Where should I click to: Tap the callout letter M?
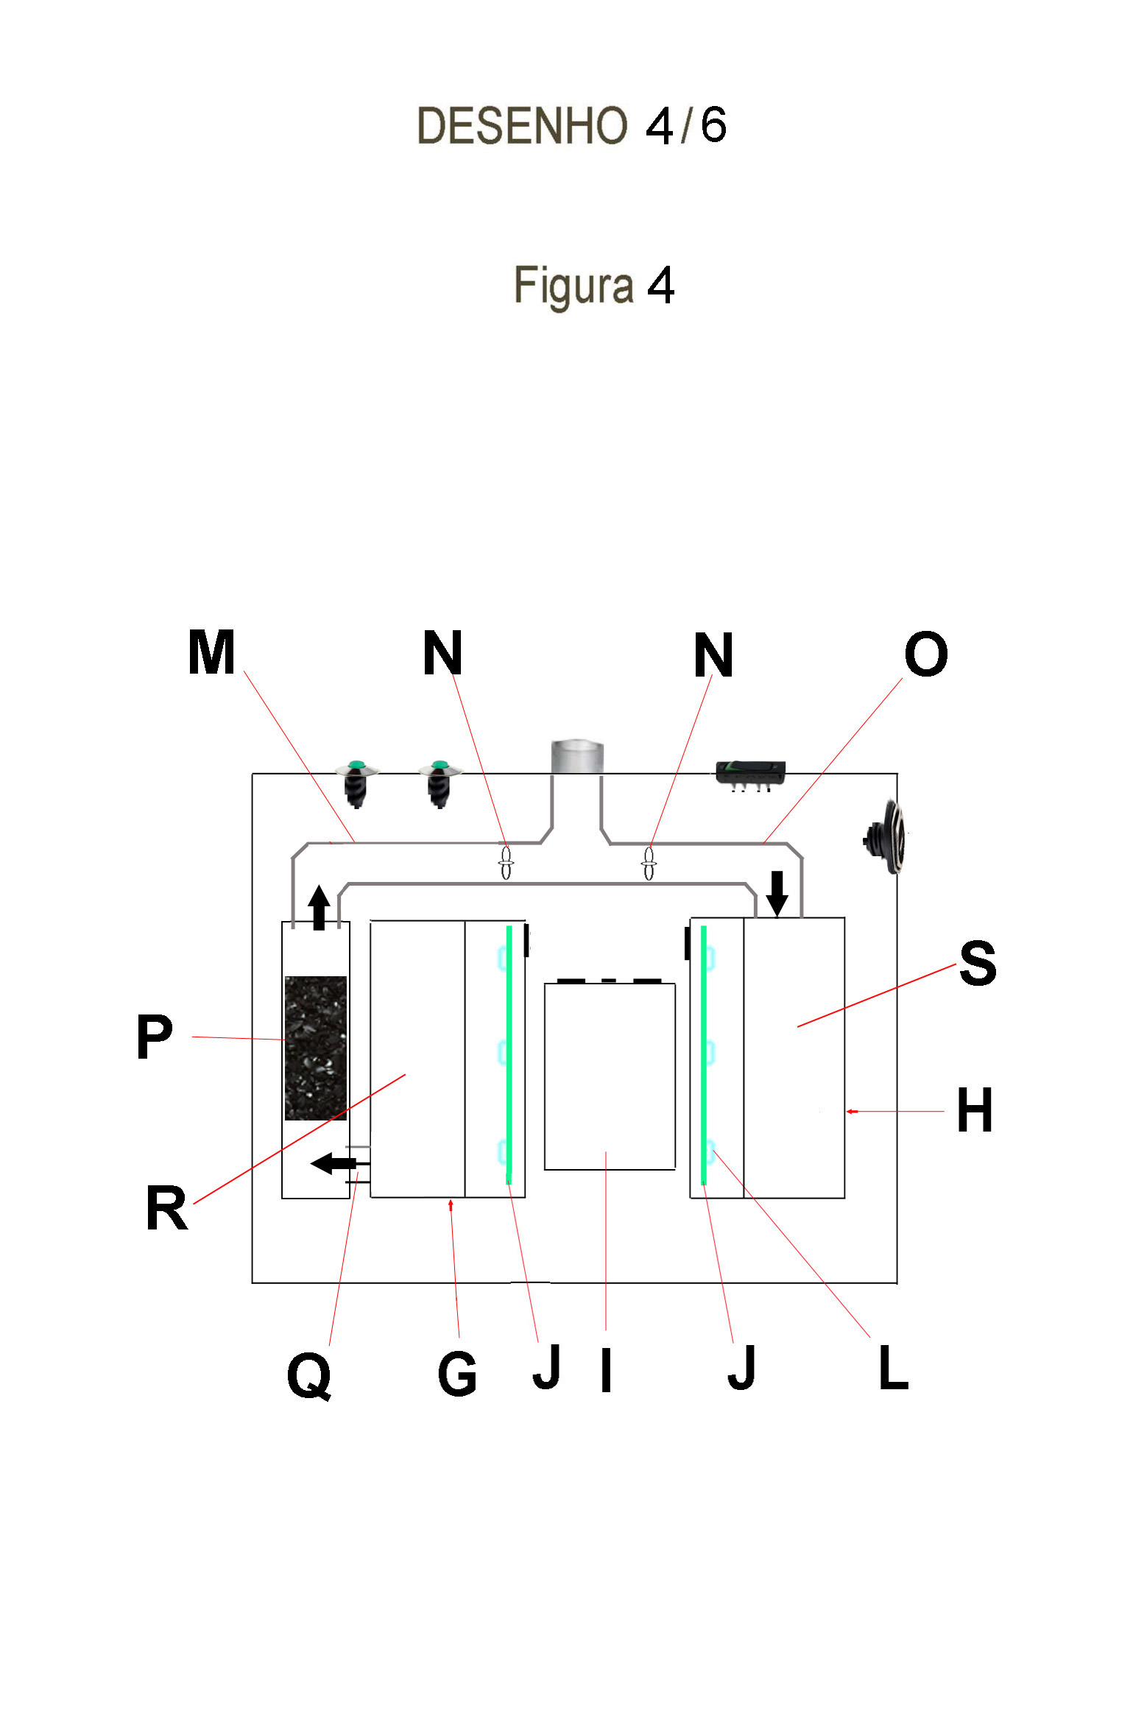pos(211,652)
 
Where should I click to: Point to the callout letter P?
pos(155,1037)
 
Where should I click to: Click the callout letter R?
pos(166,1208)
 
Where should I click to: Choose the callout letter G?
pos(457,1374)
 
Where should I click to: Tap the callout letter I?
pos(606,1371)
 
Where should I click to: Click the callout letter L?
pos(894,1368)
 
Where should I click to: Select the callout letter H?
pos(975,1110)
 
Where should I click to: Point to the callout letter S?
pos(978,963)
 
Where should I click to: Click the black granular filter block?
pos(316,1048)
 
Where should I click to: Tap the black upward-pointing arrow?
pos(319,906)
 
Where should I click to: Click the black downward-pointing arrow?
pos(777,893)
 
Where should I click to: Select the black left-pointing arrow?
pos(334,1164)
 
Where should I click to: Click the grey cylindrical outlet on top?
pos(577,757)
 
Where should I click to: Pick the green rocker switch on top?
pos(750,772)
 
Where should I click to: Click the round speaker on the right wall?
pos(886,837)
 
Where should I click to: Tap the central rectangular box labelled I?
pos(610,1076)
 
